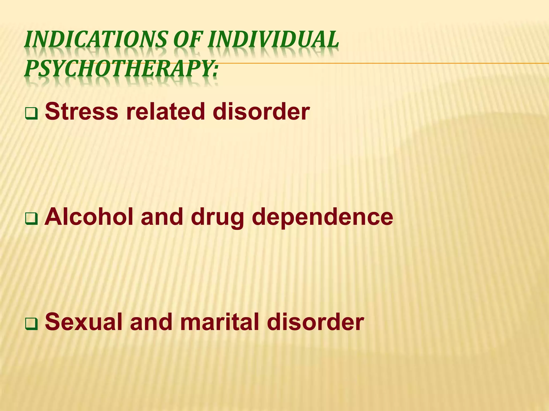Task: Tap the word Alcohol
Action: (x=89, y=217)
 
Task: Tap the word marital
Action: (x=220, y=322)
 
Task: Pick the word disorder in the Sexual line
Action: (x=315, y=322)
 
